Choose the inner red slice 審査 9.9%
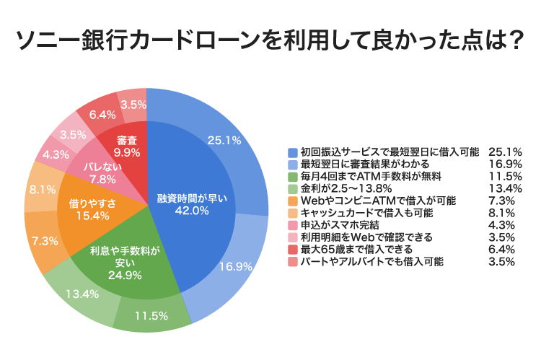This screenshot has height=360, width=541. (x=126, y=144)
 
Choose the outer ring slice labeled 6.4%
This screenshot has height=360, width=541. (x=102, y=114)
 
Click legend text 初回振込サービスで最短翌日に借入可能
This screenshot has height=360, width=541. (x=389, y=152)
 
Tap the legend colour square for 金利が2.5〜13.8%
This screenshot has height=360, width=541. (x=292, y=188)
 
